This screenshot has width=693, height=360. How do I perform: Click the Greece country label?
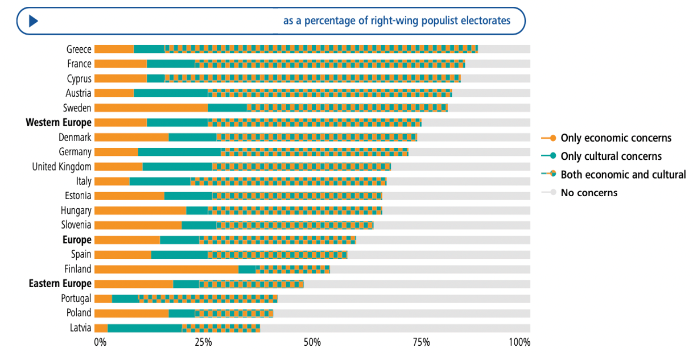coord(79,49)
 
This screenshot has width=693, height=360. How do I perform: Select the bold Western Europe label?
coord(59,122)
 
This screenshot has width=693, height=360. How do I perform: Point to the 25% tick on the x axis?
coord(203,342)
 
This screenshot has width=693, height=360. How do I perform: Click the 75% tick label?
coord(421,342)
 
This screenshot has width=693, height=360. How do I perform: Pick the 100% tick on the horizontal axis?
coord(519,342)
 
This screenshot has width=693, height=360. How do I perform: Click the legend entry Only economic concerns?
coord(616,138)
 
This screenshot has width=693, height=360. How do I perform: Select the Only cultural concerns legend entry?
coord(611,156)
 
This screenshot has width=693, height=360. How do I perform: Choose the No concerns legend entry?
coord(589,192)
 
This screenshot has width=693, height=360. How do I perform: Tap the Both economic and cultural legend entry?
coord(623,174)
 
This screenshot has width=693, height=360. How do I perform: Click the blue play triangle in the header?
coord(33,21)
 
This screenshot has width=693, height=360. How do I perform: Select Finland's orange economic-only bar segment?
coord(166,269)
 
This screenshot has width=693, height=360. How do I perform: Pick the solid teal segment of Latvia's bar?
coord(145,328)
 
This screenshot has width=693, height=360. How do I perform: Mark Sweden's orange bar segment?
coord(151,107)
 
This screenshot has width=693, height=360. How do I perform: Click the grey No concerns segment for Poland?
coord(401,313)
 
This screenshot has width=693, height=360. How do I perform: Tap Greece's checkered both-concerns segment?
coord(321,49)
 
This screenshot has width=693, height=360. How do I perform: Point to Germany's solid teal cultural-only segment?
coord(179,152)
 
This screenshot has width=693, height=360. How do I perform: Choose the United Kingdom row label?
coord(61,167)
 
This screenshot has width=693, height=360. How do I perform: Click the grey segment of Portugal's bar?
coord(403,299)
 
